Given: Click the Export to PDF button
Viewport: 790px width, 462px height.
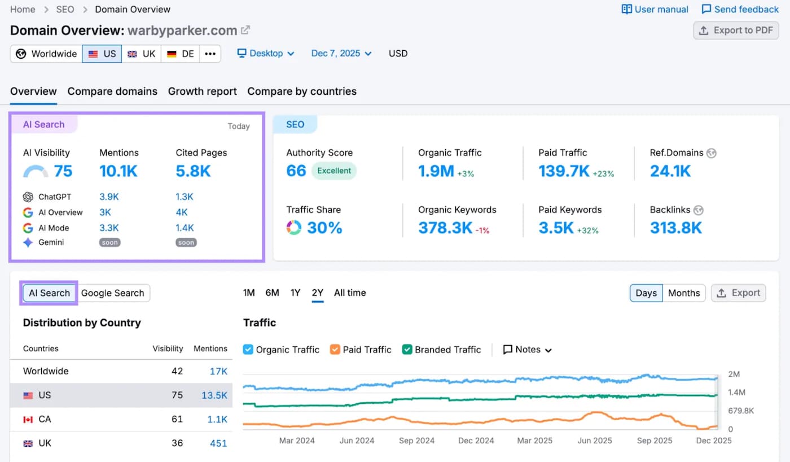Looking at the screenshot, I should point(736,30).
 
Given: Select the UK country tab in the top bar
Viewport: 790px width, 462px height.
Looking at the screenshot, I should point(141,54).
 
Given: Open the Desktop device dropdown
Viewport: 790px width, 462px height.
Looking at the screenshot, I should point(266,54).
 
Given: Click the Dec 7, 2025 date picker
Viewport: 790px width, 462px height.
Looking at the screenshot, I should point(341,54).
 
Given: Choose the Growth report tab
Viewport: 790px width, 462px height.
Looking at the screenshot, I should point(202,91).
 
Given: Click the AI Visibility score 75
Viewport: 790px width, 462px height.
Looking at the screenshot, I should point(63,171).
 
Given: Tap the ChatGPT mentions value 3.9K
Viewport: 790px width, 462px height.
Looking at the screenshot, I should point(109,197).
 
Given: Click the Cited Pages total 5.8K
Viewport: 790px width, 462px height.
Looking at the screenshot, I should point(193,171).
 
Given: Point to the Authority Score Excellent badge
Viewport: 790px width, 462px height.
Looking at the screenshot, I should point(333,171).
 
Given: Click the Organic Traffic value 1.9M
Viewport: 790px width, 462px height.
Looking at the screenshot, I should point(436,171).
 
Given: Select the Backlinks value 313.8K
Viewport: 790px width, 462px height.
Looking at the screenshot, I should point(675,228).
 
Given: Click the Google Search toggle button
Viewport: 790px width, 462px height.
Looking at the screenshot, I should point(113,293).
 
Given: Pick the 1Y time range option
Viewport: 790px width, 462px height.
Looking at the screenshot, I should point(295,293).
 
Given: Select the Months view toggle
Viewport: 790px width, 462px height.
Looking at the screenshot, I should point(683,293).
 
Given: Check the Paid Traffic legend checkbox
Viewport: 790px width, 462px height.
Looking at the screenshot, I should point(335,350).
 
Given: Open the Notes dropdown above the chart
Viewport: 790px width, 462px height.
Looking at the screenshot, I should point(527,350).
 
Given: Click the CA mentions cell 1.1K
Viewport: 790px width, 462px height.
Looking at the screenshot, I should point(217,419).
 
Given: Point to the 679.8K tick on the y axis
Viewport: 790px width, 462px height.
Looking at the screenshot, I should point(741,411).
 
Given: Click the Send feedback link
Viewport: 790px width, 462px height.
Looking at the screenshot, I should point(740,10).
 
